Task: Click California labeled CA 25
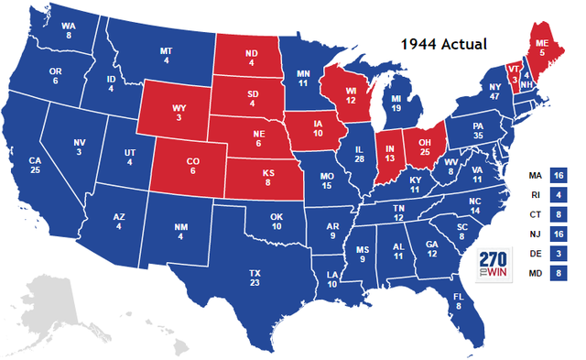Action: [x=36, y=167]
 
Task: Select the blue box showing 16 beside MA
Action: [x=558, y=175]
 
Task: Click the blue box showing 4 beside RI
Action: [x=558, y=194]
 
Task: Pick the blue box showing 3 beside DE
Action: [x=558, y=253]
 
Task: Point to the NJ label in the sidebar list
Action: [x=535, y=234]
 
